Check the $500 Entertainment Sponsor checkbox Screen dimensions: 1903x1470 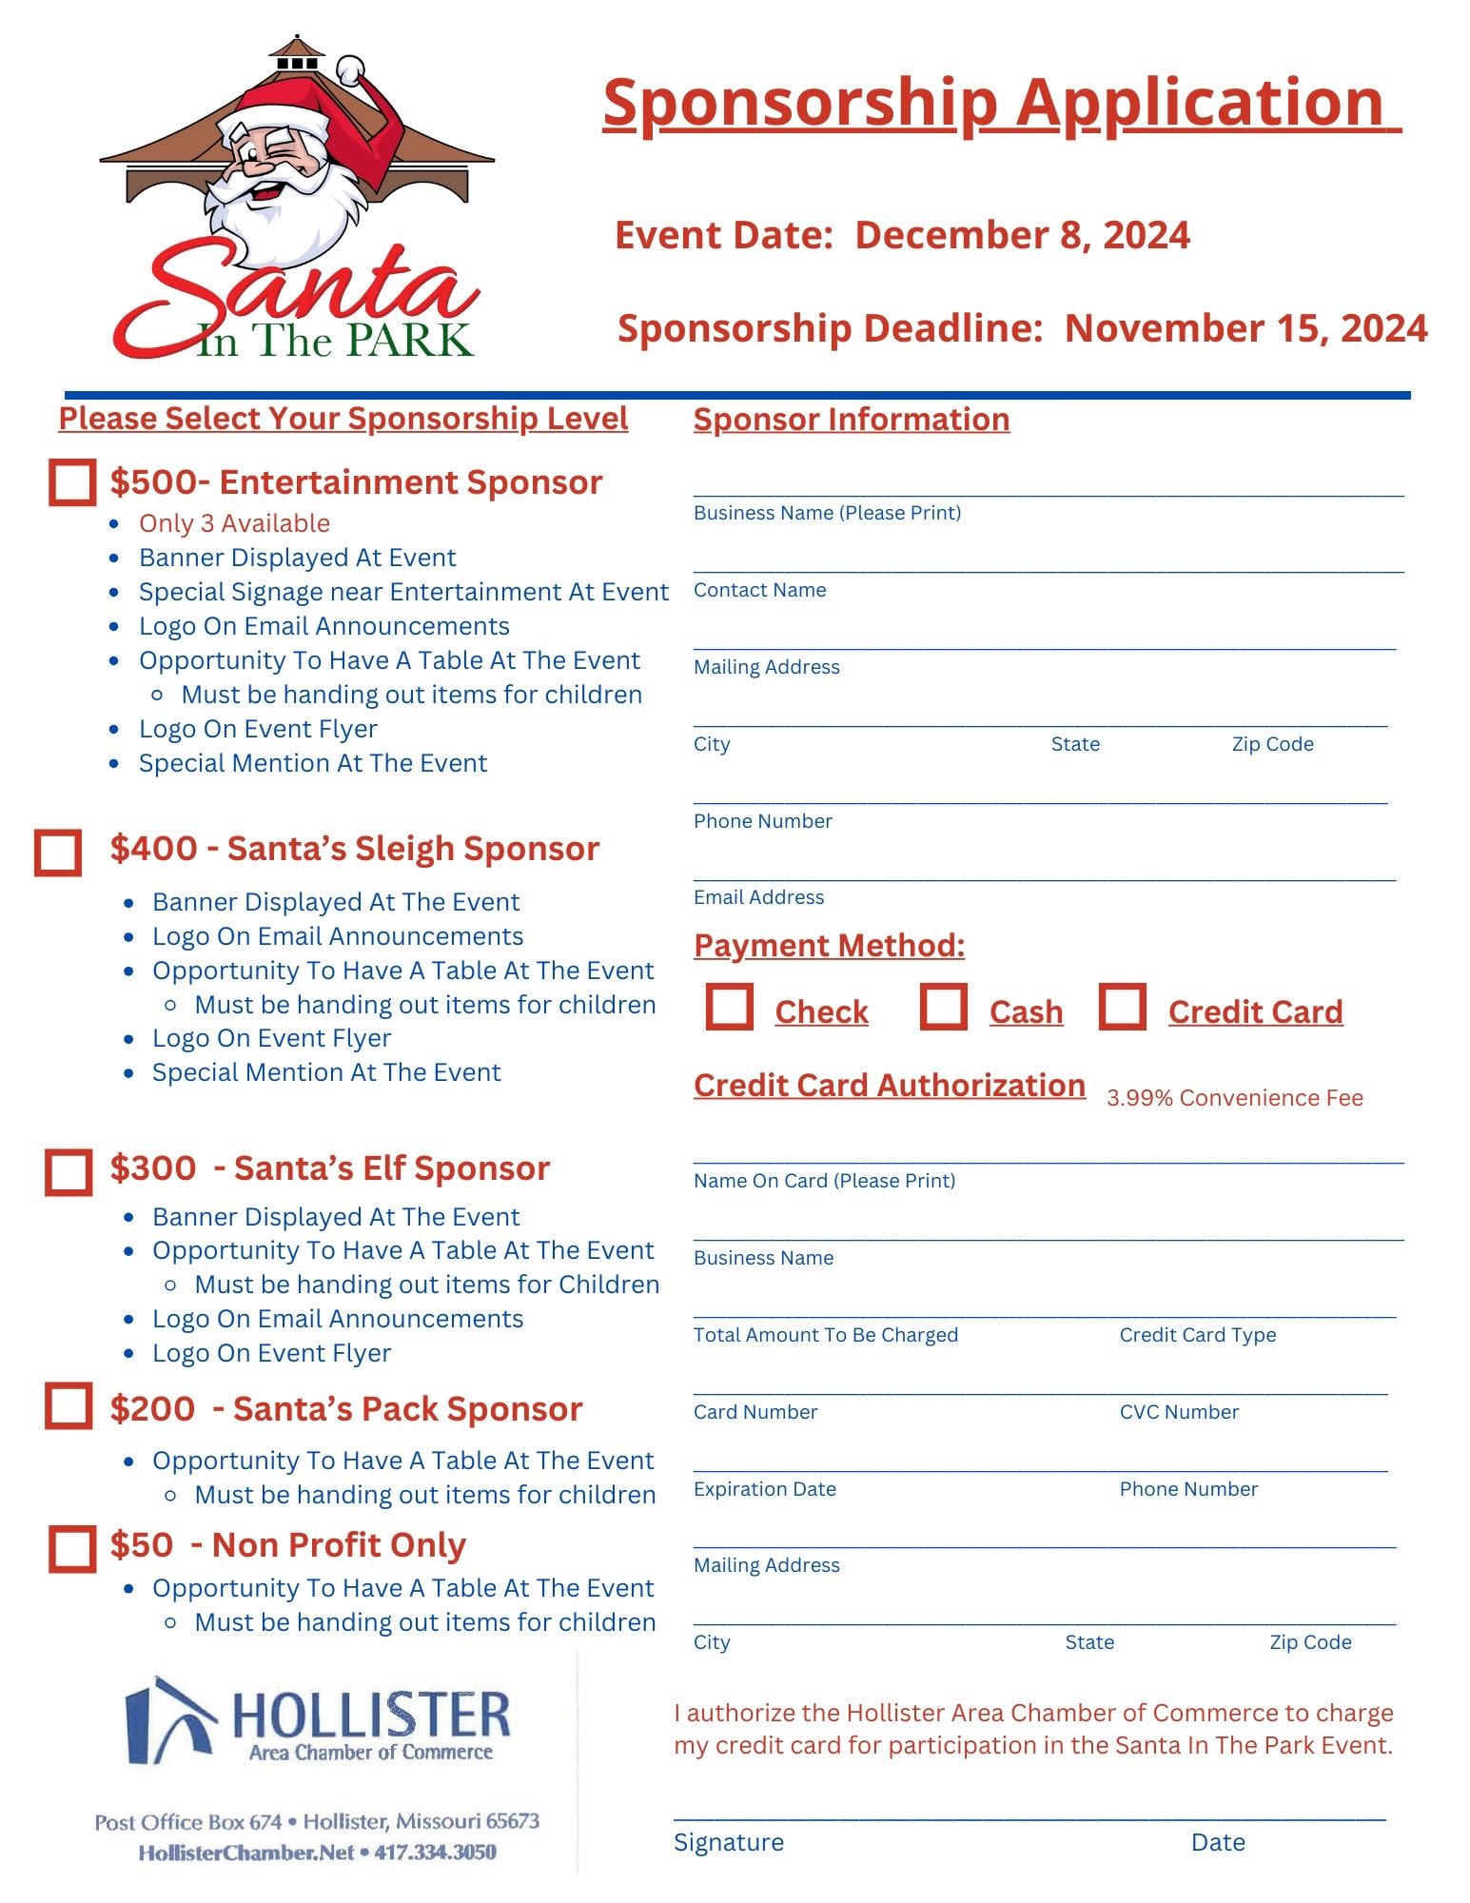point(72,482)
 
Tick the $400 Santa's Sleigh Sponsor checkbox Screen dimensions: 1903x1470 point(58,852)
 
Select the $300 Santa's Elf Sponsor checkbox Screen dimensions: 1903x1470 point(69,1171)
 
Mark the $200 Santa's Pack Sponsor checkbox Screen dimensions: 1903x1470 point(69,1405)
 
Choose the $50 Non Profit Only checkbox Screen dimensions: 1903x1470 point(72,1548)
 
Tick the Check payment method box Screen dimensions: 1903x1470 point(729,1007)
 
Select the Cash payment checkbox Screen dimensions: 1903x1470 point(943,1007)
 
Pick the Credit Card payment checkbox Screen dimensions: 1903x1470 point(1122,1007)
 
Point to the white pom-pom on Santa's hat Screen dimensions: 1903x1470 point(350,69)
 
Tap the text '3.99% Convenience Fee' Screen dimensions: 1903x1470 point(1234,1098)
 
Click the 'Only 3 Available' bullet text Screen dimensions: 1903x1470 point(234,523)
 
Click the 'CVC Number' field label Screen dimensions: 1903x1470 point(1179,1412)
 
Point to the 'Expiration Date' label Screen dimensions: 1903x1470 point(764,1489)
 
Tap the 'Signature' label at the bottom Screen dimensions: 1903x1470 point(728,1842)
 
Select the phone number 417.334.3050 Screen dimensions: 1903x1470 point(435,1852)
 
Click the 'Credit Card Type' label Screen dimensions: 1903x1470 point(1197,1335)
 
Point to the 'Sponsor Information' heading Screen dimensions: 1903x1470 point(851,420)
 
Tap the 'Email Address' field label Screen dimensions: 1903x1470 point(758,897)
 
